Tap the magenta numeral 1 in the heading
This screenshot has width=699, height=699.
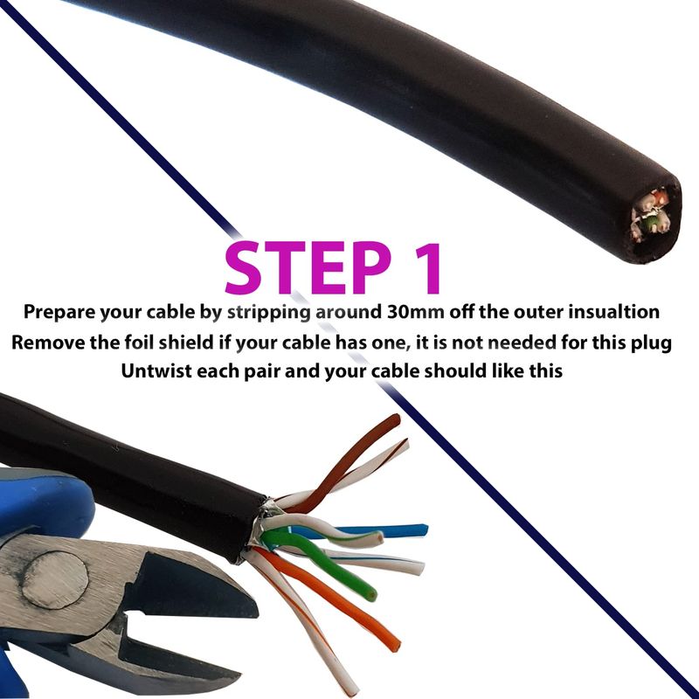point(426,268)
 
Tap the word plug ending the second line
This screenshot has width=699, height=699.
point(654,343)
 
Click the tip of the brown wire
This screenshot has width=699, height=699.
point(397,418)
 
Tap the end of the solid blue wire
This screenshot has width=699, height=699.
point(426,530)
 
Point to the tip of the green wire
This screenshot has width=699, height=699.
point(370,594)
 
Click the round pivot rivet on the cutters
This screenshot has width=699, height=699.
point(55,580)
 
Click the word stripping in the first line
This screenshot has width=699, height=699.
point(268,313)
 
